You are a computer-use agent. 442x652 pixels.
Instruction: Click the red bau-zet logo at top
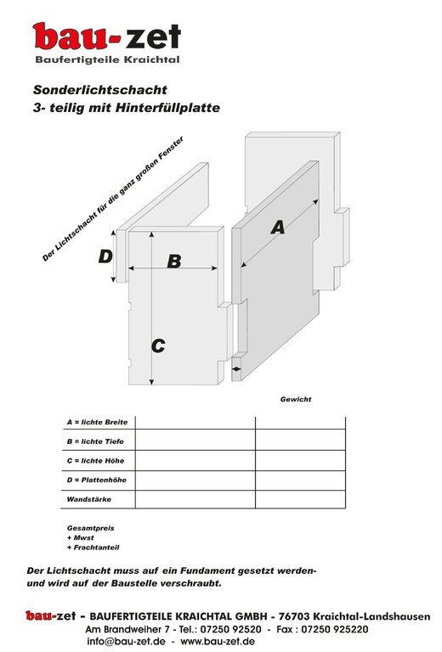[106, 37]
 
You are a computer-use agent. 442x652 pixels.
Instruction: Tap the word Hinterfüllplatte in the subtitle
[173, 108]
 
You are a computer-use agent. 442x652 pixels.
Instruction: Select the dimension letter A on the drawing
[277, 228]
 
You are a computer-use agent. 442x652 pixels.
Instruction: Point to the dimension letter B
[173, 261]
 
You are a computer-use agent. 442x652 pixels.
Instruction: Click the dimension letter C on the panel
[158, 346]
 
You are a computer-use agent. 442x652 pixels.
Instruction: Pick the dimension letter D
[105, 256]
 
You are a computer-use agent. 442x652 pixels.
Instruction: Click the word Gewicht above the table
[296, 399]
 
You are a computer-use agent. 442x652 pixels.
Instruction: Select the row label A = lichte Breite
[96, 422]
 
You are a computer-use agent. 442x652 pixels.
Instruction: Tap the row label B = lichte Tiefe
[95, 441]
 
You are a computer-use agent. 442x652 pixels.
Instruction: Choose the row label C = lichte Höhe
[95, 460]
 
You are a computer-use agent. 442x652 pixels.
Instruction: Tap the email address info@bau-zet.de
[126, 642]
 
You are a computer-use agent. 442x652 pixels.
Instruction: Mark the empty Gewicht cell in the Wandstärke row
[300, 499]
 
